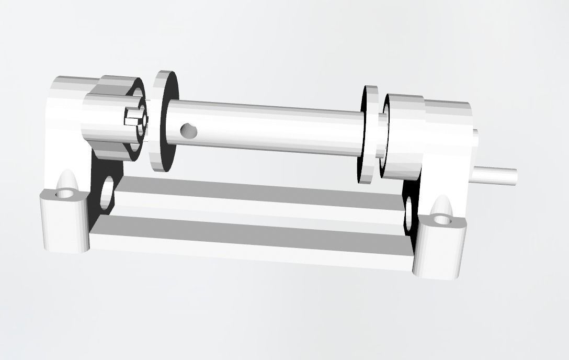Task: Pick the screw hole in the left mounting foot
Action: point(65,194)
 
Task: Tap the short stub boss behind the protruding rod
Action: point(475,152)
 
